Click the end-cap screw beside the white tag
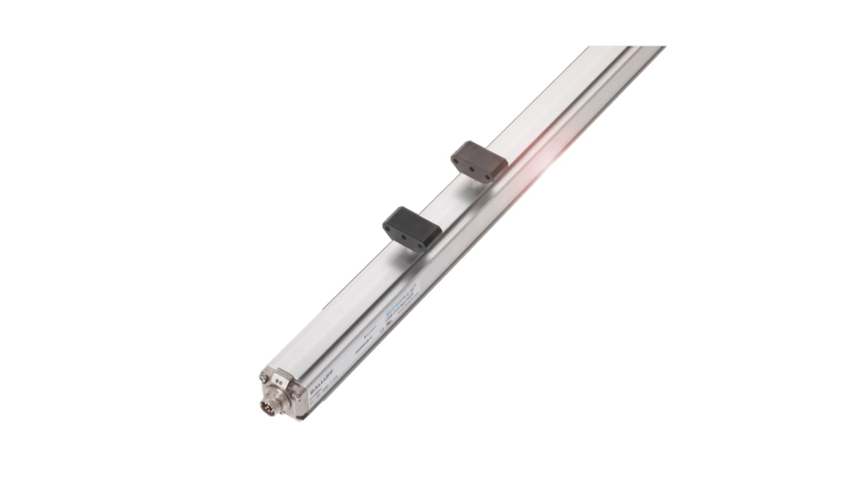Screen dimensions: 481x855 (264, 377)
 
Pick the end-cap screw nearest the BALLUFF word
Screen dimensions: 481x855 (296, 395)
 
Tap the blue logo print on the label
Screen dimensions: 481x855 (396, 314)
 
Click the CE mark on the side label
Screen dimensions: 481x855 (382, 330)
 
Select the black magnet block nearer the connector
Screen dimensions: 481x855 (412, 227)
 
